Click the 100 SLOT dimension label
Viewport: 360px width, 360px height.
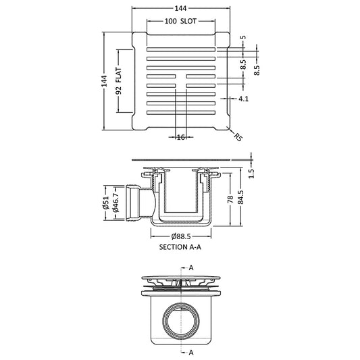[x=181, y=21]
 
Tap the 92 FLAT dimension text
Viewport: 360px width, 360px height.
[x=119, y=81]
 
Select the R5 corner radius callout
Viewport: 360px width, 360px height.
[x=238, y=137]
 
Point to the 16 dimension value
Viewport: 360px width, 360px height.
[x=181, y=137]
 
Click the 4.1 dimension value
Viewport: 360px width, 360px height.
[x=244, y=99]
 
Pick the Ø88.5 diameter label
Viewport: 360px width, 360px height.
[x=181, y=236]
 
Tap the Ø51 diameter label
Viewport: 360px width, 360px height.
[x=105, y=203]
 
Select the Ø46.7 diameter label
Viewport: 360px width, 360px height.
[x=115, y=203]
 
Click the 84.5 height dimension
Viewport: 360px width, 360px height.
[x=240, y=197]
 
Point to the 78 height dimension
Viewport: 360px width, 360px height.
[x=230, y=199]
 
